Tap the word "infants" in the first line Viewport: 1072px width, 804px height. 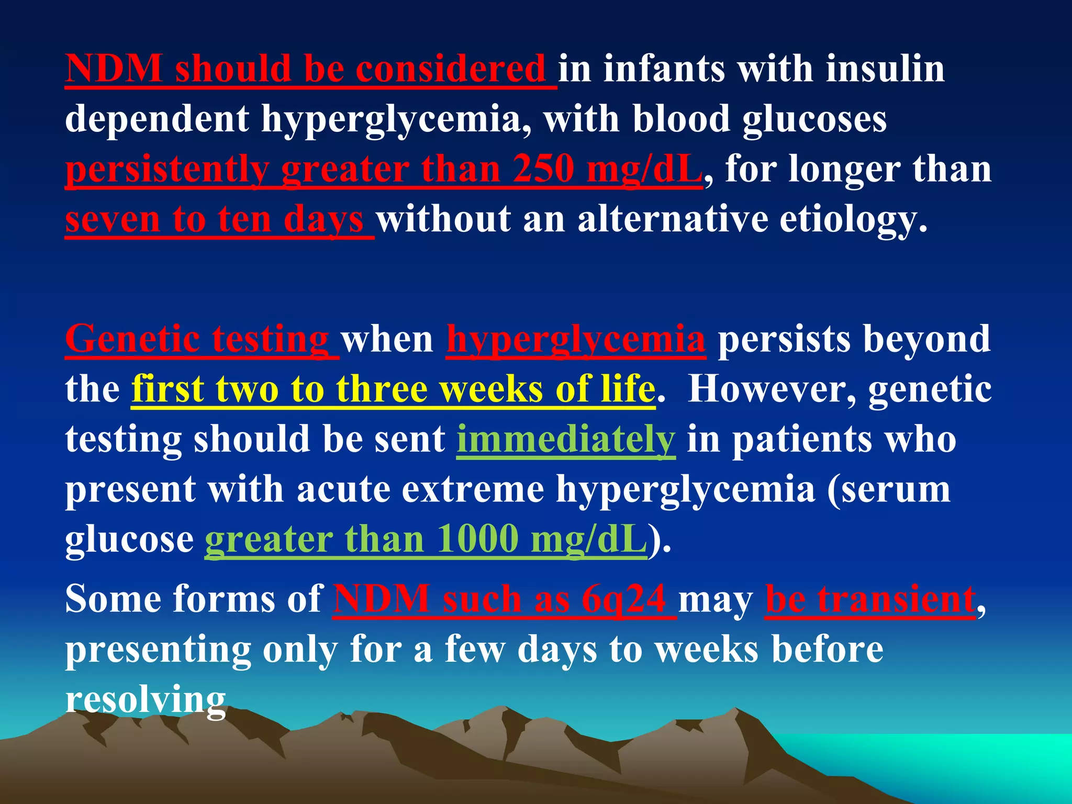664,70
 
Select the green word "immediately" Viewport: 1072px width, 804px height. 566,439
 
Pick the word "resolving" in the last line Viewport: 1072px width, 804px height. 146,700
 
